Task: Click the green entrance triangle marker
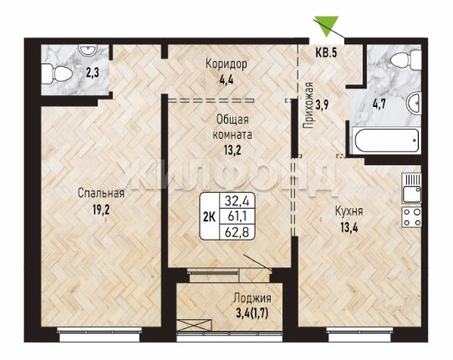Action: click(x=327, y=24)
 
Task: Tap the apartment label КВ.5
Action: click(x=326, y=53)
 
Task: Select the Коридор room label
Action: click(x=226, y=63)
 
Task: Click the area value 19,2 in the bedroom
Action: click(x=101, y=210)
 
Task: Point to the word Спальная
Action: click(x=101, y=193)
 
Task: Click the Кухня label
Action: click(x=349, y=211)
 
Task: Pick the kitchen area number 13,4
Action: click(x=349, y=228)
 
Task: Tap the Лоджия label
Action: click(x=252, y=298)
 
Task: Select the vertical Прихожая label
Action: click(x=308, y=105)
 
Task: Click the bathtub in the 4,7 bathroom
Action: click(x=385, y=141)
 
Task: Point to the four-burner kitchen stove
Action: click(x=411, y=217)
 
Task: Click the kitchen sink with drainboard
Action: click(x=411, y=188)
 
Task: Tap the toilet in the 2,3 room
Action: click(x=57, y=74)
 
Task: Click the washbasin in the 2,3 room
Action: click(x=87, y=50)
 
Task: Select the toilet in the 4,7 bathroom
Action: click(x=406, y=61)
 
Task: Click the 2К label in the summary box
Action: click(x=210, y=216)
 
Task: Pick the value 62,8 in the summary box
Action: click(x=237, y=232)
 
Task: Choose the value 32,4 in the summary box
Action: click(x=237, y=200)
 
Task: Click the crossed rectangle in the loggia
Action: click(x=193, y=325)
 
